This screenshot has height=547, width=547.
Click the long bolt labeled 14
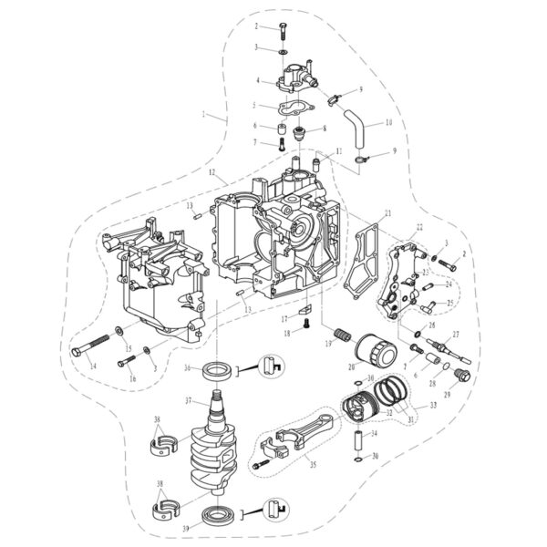(92, 347)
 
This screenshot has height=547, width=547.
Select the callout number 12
(212, 171)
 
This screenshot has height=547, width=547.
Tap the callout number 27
(455, 335)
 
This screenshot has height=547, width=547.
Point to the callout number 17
(284, 318)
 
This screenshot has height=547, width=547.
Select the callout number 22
(418, 226)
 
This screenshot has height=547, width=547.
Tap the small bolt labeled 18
(307, 321)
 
